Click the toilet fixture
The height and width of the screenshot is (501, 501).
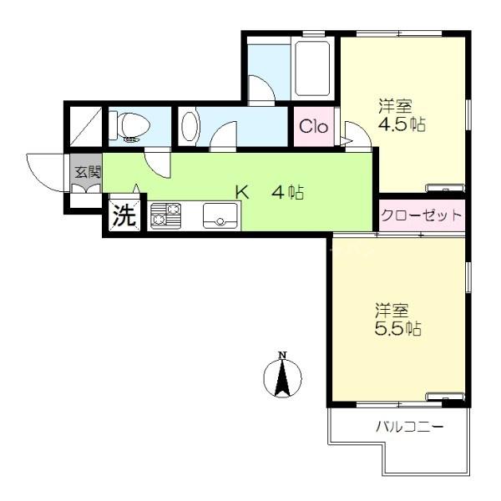129,127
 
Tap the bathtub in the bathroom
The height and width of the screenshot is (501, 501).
312,68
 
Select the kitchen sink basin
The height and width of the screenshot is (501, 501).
220,215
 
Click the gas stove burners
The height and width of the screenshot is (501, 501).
166,215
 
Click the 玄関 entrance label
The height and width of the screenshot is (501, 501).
88,172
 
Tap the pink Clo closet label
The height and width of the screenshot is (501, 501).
313,127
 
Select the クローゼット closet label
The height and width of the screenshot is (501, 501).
422,215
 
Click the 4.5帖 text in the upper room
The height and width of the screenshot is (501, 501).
402,124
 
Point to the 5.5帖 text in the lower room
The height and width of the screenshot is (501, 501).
397,328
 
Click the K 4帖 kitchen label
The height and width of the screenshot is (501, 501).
270,192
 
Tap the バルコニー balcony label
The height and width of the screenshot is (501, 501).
410,426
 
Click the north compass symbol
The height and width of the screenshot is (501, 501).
282,378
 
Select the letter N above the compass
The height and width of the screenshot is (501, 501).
282,355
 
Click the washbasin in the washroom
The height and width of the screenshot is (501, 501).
190,126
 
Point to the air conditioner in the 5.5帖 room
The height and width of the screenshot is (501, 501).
446,396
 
